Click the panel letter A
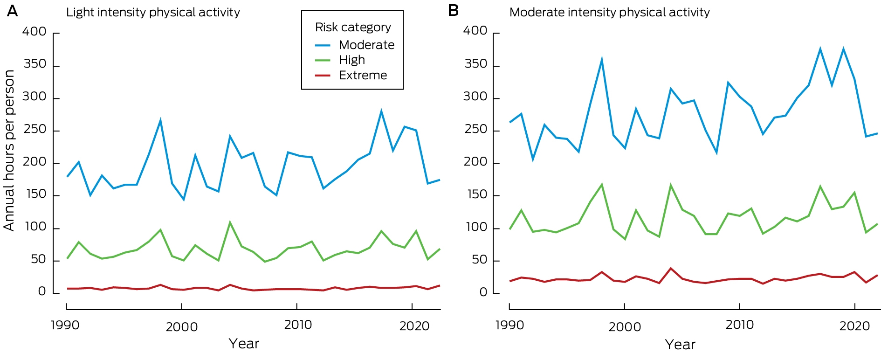13,11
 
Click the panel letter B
453,11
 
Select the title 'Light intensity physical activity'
153,13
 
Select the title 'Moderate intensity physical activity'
609,13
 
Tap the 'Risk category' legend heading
353,28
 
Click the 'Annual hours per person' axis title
9,150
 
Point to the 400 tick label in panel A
34,32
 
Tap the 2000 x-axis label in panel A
182,326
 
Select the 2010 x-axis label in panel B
739,325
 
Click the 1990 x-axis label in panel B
509,325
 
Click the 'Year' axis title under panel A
244,344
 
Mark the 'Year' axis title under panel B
680,345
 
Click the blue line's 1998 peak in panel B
602,60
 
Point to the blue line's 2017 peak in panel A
381,111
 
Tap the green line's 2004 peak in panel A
230,222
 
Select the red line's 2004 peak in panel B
671,268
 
